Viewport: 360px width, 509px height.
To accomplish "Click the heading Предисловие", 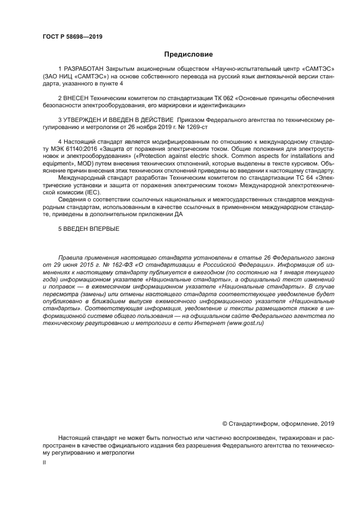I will (x=188, y=54).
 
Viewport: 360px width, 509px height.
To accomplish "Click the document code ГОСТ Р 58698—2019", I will (x=72, y=37).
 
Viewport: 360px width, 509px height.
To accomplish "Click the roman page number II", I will (x=44, y=462).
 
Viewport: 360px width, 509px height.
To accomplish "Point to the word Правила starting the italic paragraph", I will (x=71, y=256).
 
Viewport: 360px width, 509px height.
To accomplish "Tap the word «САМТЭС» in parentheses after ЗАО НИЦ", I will (x=84, y=78).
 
